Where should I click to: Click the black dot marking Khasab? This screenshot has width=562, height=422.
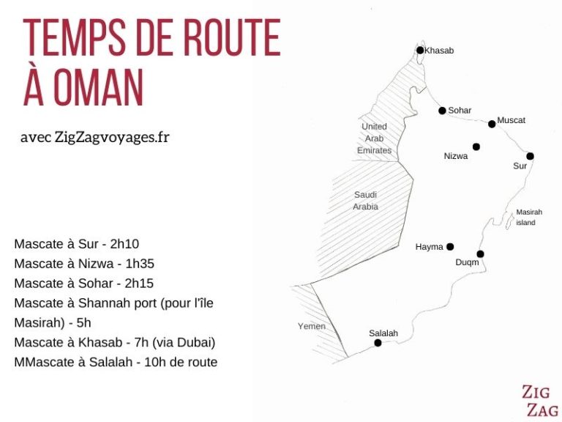point(420,51)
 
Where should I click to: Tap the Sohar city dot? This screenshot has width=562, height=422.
point(442,111)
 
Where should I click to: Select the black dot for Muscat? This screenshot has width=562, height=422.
point(492,124)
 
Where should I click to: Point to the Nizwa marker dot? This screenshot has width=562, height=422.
point(476,147)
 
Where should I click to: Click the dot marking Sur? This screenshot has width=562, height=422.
point(530,155)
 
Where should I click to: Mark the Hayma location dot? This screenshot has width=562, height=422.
point(450,247)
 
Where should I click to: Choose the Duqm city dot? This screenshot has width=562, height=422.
point(480,253)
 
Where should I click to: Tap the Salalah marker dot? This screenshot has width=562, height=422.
point(378,342)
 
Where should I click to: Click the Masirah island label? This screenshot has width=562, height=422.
point(528,217)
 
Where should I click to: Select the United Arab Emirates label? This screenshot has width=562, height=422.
point(374,138)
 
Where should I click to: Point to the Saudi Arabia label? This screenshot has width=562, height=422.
point(366,200)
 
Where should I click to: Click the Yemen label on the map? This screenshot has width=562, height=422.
point(312,326)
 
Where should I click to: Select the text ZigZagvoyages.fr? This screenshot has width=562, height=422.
point(112,138)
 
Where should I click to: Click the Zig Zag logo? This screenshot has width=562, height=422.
point(540,401)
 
